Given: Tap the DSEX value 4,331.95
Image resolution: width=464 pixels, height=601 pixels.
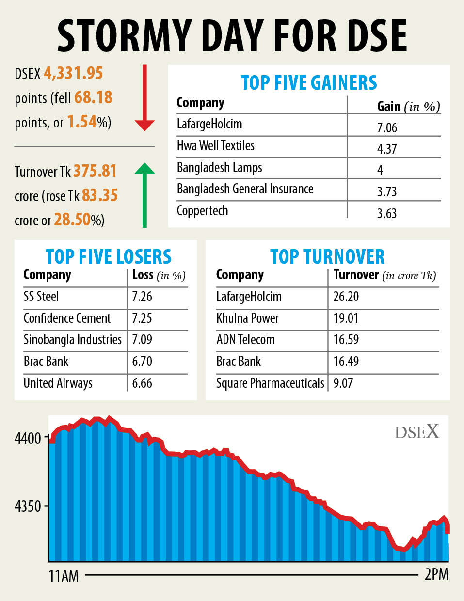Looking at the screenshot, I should (73, 73).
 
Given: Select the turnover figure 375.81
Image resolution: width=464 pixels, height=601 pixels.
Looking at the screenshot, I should (95, 171).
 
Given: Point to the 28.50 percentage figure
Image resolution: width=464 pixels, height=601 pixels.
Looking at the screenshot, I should (72, 220).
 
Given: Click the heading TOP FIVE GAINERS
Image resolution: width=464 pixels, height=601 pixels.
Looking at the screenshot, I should (309, 83).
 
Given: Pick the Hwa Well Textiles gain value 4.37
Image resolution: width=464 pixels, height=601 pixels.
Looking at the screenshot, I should (387, 149).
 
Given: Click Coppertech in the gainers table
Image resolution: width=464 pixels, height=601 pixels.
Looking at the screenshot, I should (202, 211).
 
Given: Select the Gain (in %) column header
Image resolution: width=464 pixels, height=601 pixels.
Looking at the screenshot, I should (408, 106).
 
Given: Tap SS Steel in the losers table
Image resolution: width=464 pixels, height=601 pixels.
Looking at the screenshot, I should (41, 296).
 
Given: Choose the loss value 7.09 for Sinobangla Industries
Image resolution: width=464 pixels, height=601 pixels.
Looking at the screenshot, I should (142, 339).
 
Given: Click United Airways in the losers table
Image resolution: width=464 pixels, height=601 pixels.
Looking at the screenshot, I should (58, 383).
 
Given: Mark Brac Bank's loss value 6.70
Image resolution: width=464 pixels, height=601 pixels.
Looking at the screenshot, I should (142, 361).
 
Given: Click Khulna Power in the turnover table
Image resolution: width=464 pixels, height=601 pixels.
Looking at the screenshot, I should (247, 318).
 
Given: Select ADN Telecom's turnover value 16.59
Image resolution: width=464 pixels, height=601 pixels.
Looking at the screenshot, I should (346, 339).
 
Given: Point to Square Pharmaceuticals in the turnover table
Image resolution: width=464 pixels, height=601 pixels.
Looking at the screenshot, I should (270, 383).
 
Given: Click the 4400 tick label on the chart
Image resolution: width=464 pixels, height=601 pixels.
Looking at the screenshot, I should (28, 439).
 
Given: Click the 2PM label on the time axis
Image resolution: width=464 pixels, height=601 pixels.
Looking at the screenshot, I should (436, 574).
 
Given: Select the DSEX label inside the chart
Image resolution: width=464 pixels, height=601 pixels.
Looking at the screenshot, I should (417, 431).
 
